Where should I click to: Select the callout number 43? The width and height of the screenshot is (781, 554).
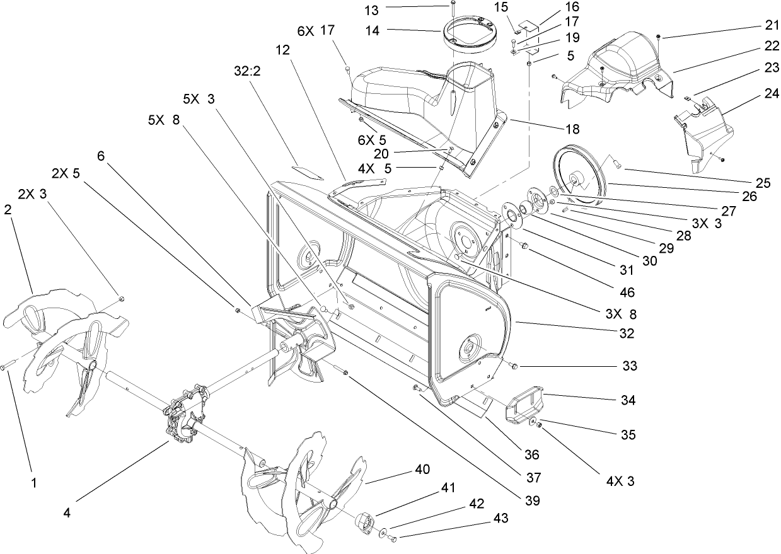tap(501, 517)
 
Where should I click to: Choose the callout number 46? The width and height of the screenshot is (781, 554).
tap(627, 292)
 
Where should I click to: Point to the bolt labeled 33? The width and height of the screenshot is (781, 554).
tap(513, 366)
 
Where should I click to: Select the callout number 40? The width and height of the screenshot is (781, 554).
tap(422, 470)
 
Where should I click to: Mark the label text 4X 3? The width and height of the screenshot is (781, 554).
tap(620, 481)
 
